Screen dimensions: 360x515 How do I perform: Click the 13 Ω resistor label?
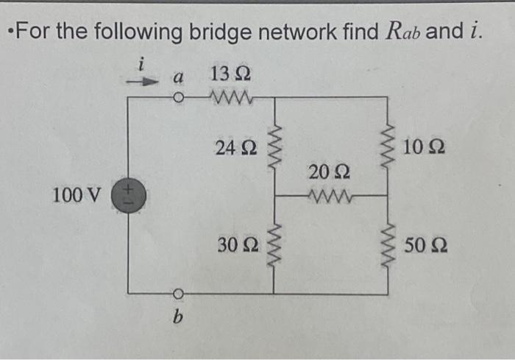click(x=230, y=74)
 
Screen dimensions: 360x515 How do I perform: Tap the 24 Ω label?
click(x=235, y=148)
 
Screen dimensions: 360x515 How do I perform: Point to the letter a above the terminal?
click(x=177, y=76)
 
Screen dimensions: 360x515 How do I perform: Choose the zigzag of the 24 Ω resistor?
click(x=275, y=148)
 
